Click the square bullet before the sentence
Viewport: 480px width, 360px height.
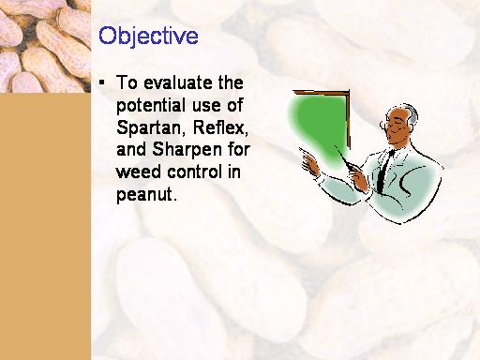(101, 82)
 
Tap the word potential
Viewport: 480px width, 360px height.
(151, 106)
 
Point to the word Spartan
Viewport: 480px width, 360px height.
(149, 128)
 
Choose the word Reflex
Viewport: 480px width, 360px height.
(220, 127)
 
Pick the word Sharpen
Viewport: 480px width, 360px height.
(187, 150)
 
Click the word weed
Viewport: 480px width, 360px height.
(139, 172)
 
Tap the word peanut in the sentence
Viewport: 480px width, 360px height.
(144, 195)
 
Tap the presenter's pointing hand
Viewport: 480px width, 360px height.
(309, 162)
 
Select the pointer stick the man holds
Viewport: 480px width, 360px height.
(345, 157)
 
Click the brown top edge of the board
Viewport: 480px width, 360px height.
(321, 92)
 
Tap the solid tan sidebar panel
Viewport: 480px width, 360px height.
(45, 226)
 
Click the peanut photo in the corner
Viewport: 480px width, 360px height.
(45, 46)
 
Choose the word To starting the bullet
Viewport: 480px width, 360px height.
(127, 82)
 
